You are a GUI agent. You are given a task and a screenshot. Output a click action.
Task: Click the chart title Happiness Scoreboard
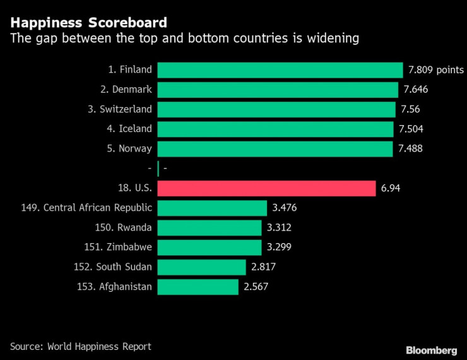point(88,23)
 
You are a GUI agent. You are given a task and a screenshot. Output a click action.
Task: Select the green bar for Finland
point(280,70)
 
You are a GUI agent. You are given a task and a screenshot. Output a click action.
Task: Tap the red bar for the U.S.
point(267,188)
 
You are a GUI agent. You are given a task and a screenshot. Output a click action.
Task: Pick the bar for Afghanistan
point(198,287)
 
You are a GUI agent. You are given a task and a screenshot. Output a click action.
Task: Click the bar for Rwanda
point(209,227)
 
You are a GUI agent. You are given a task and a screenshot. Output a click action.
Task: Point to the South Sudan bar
point(201,267)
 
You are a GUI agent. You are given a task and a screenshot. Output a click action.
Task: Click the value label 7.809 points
point(435,70)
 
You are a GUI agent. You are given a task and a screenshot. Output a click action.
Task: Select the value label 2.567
point(257,287)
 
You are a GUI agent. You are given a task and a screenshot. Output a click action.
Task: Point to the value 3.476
point(283,208)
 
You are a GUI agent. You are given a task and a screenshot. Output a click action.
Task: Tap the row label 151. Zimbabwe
point(118,247)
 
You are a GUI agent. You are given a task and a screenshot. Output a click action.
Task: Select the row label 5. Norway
point(129,148)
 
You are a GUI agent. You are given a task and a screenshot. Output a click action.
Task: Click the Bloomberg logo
point(431,349)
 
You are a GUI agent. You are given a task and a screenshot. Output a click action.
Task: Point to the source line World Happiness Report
point(81,346)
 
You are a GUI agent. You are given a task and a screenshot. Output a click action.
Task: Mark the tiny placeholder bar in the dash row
point(158,168)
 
